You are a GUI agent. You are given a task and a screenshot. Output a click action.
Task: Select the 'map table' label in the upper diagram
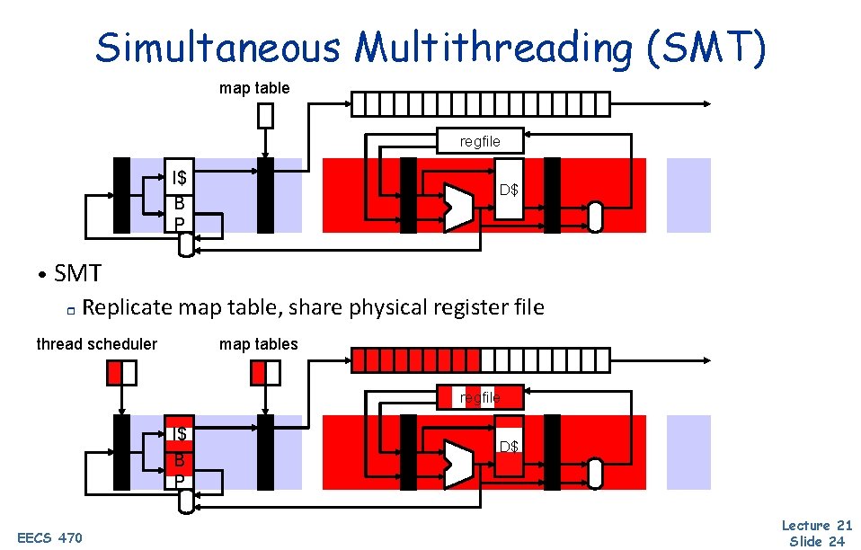click(x=254, y=88)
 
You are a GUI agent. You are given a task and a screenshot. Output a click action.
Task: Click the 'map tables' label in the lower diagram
click(x=258, y=344)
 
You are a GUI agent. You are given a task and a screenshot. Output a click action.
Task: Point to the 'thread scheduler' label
click(x=96, y=344)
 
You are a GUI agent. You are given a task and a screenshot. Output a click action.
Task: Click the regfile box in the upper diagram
click(x=480, y=141)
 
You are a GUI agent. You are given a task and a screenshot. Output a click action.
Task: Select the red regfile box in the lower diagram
click(x=480, y=397)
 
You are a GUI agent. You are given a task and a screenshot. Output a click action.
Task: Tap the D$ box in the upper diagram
click(x=509, y=190)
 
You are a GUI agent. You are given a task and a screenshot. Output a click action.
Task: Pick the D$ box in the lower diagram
click(x=509, y=445)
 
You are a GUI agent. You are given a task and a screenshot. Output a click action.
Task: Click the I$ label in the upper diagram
click(x=181, y=177)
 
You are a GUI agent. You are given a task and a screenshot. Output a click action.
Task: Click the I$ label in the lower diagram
click(x=180, y=434)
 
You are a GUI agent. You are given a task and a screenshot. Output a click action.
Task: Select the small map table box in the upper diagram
click(x=265, y=116)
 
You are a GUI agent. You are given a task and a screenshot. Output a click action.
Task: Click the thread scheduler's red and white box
click(x=121, y=371)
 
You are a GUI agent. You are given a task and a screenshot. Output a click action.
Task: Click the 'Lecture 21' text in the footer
click(x=816, y=525)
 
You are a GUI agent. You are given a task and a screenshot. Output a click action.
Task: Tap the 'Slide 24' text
click(x=816, y=541)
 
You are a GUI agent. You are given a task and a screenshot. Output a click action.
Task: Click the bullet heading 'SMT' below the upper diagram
click(x=77, y=272)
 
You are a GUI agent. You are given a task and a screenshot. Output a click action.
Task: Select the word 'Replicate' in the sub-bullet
click(x=128, y=307)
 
